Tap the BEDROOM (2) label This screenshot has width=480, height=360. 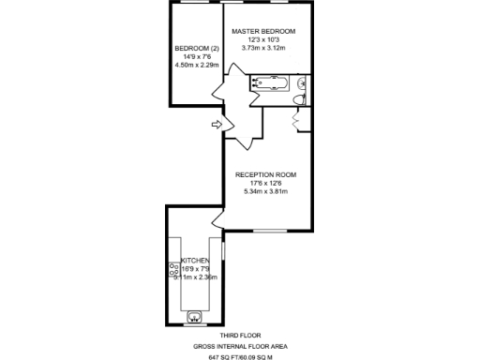tap(196, 49)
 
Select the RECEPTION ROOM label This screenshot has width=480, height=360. tap(265, 174)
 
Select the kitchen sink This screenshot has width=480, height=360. tap(195, 316)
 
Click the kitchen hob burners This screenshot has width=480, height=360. tap(173, 271)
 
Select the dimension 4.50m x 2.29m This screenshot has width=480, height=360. tap(196, 66)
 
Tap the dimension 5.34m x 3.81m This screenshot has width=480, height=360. tap(265, 191)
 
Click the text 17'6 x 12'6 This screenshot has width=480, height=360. tap(265, 183)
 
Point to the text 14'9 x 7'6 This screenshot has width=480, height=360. tap(196, 57)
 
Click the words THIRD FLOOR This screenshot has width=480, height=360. tap(240, 335)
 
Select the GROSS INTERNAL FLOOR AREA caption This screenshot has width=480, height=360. tap(240, 346)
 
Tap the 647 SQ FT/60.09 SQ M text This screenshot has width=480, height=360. tap(240, 356)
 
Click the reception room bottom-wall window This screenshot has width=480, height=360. tap(270, 230)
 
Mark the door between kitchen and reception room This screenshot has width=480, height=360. tap(217, 219)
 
